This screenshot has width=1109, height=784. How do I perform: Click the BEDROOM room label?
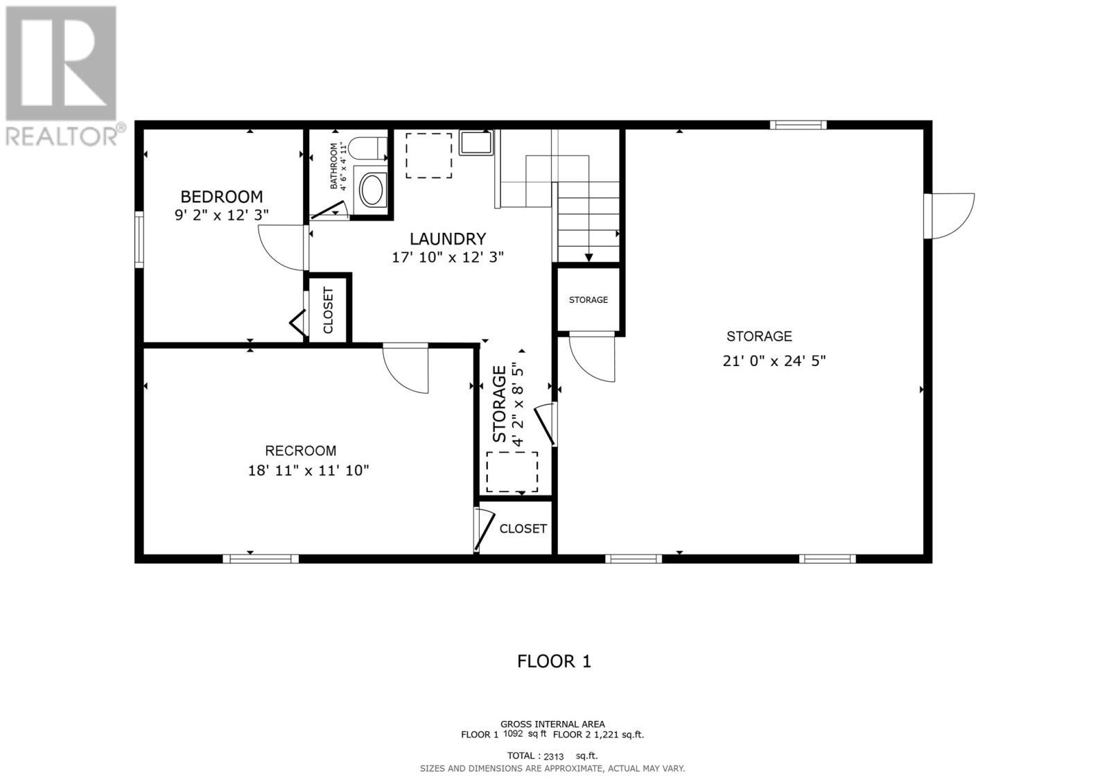pos(222,197)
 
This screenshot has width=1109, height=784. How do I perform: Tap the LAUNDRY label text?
pos(448,239)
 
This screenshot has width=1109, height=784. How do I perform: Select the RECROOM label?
pos(300,451)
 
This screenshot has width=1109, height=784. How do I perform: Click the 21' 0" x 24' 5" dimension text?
pos(774,361)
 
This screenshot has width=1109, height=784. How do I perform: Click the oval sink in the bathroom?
pos(372,190)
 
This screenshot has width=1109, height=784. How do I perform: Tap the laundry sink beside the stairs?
pos(475,143)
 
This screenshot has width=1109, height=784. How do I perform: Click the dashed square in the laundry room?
pos(428,155)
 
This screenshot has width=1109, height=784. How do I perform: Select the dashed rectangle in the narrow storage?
pos(512,472)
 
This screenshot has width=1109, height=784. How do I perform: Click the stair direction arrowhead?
pos(588,258)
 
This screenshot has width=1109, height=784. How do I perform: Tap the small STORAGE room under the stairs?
pos(588,299)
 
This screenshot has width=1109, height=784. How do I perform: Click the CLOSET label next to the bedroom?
pos(329,310)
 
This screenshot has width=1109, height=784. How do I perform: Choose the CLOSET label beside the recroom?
pos(523,529)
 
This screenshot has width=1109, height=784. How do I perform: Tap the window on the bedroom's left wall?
pos(139,239)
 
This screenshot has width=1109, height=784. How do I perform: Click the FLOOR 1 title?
pos(554,661)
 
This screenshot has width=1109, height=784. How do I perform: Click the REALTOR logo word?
pos(62,135)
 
